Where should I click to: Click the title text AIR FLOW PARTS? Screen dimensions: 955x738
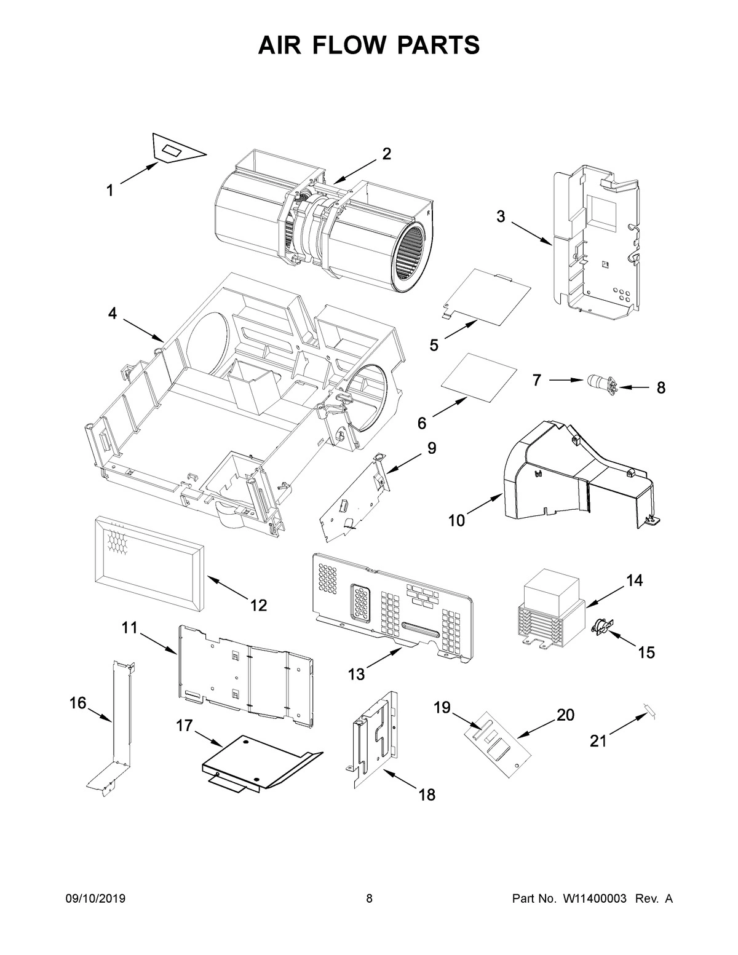pyautogui.click(x=369, y=46)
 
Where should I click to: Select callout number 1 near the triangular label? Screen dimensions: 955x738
pyautogui.click(x=109, y=191)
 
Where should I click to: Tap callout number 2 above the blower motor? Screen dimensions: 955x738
pyautogui.click(x=386, y=154)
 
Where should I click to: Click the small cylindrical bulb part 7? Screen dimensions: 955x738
pyautogui.click(x=595, y=381)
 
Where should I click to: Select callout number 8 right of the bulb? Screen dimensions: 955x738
pyautogui.click(x=661, y=388)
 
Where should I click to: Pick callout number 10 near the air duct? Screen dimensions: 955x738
pyautogui.click(x=456, y=520)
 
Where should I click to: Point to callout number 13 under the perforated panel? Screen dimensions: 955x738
pyautogui.click(x=356, y=674)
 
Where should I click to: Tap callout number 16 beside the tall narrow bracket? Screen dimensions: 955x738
pyautogui.click(x=78, y=703)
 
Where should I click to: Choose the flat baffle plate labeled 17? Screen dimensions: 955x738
pyautogui.click(x=258, y=762)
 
